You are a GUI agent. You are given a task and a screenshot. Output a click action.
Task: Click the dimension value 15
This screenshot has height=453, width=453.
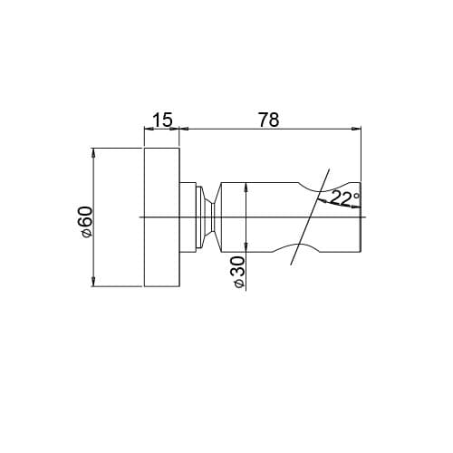[162, 120]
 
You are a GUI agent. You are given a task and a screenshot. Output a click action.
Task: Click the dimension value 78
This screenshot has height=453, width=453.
[269, 120]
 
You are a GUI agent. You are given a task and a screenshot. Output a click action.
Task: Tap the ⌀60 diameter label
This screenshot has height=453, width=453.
[85, 222]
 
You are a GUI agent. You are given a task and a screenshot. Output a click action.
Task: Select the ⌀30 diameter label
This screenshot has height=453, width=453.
[238, 272]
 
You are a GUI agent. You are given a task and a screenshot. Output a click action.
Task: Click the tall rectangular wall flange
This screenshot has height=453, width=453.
[162, 217]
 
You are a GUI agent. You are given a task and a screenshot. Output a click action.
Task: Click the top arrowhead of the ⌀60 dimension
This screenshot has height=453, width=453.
[93, 152]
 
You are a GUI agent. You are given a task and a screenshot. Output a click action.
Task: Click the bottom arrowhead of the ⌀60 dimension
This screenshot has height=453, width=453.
[93, 282]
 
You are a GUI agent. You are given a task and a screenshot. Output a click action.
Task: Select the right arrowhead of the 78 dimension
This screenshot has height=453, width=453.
[356, 129]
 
